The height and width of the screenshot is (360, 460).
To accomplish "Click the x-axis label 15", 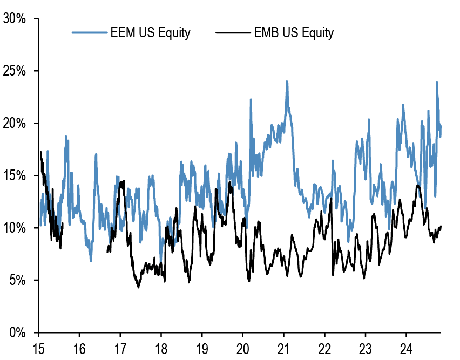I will pyautogui.click(x=38, y=348).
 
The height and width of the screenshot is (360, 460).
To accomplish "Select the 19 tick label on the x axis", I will pyautogui.click(x=201, y=348).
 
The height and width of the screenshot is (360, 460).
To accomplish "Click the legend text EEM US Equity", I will pyautogui.click(x=150, y=33).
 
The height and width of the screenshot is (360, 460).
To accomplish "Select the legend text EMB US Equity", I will pyautogui.click(x=294, y=33).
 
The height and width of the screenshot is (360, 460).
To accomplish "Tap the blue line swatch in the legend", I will pyautogui.click(x=89, y=33).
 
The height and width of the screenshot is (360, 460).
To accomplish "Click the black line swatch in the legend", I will pyautogui.click(x=233, y=33).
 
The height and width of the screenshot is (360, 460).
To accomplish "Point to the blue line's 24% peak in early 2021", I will pyautogui.click(x=287, y=81).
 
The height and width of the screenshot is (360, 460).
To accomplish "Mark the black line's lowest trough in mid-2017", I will pyautogui.click(x=138, y=287).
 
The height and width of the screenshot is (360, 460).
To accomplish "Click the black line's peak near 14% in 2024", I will pyautogui.click(x=417, y=186).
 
